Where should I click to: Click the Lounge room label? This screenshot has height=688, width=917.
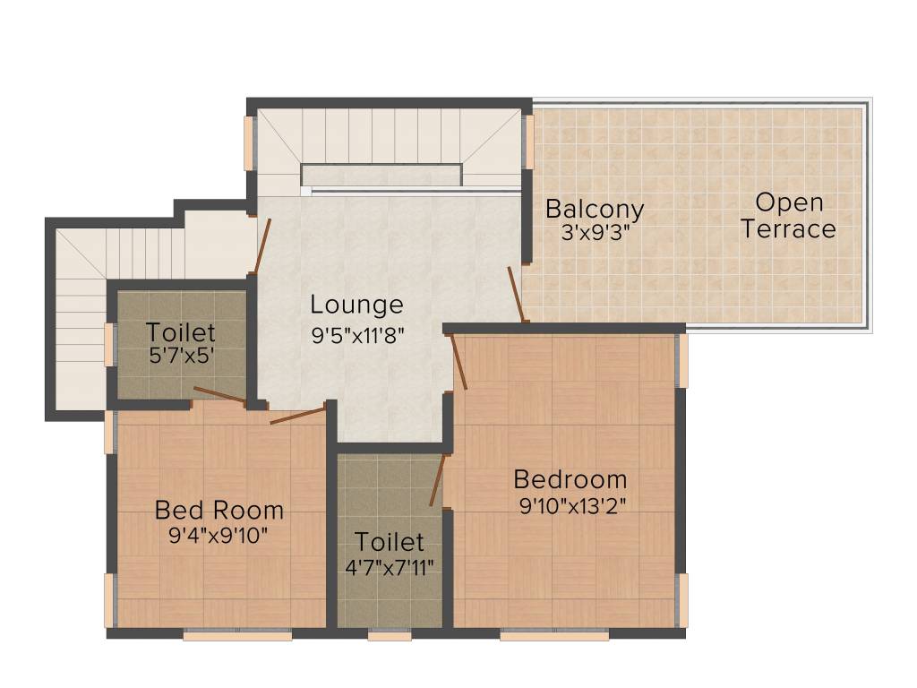pyautogui.click(x=357, y=305)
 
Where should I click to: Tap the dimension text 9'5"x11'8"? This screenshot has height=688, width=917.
pyautogui.click(x=357, y=336)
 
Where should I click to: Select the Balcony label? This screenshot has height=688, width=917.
pyautogui.click(x=595, y=210)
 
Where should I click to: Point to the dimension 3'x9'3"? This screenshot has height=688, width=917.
pyautogui.click(x=595, y=233)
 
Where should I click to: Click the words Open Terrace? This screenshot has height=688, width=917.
pyautogui.click(x=788, y=215)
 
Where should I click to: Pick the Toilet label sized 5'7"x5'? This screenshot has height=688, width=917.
pyautogui.click(x=181, y=332)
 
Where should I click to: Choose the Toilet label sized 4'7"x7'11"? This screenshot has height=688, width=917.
pyautogui.click(x=389, y=542)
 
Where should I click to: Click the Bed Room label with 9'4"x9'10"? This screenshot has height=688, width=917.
pyautogui.click(x=219, y=511)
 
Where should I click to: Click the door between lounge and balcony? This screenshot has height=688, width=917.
pyautogui.click(x=517, y=292)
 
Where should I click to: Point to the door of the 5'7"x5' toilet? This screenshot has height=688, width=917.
pyautogui.click(x=219, y=395)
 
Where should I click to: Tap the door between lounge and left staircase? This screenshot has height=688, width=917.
pyautogui.click(x=262, y=245)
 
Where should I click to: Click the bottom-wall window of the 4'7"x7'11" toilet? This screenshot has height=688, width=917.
pyautogui.click(x=390, y=636)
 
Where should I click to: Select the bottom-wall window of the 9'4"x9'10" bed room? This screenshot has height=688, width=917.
pyautogui.click(x=237, y=636)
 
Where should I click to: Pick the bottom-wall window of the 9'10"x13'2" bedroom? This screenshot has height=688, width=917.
pyautogui.click(x=554, y=636)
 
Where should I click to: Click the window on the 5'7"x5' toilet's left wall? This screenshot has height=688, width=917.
pyautogui.click(x=109, y=344)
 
